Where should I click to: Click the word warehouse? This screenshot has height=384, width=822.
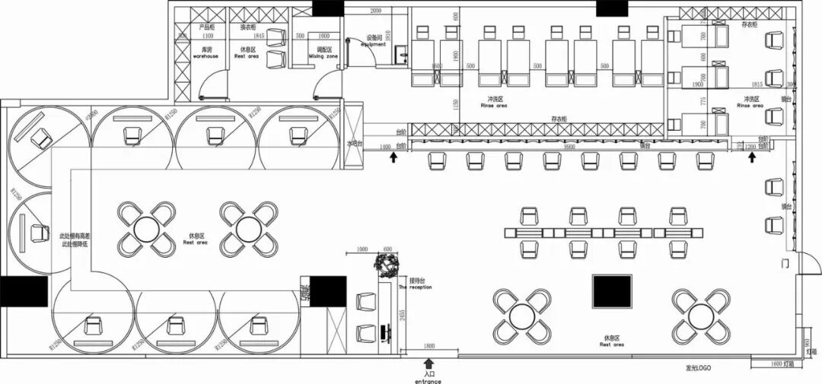tap(205, 56)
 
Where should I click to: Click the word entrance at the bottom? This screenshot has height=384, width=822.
tap(428, 380)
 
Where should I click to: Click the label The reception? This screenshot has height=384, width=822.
tap(415, 287)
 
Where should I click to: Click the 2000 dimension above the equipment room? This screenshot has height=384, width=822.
tap(375, 11)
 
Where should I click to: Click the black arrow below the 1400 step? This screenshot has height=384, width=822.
tap(393, 157)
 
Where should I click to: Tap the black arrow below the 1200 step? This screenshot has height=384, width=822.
tap(752, 157)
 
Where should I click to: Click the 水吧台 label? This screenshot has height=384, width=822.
tap(355, 142)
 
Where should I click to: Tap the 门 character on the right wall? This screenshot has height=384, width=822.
tap(784, 263)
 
